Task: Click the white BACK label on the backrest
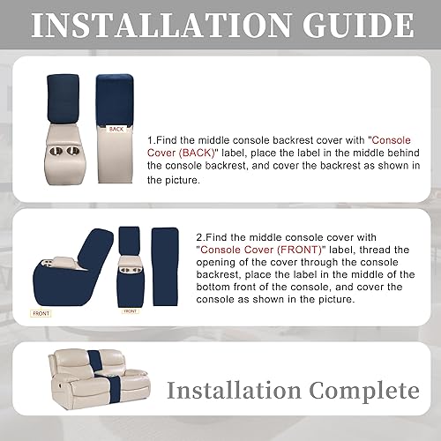click(116, 129)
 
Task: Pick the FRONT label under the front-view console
click(130, 310)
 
